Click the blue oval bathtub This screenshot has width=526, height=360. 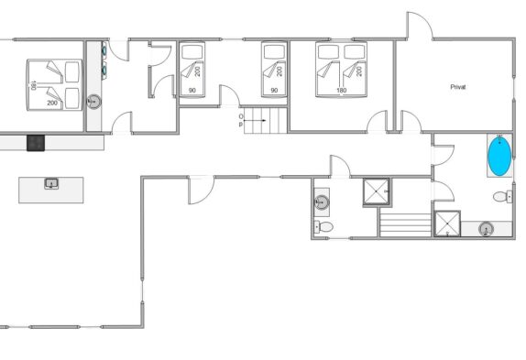tap(499, 156)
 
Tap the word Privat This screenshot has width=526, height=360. tap(458, 87)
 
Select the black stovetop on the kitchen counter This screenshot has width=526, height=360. tap(36, 143)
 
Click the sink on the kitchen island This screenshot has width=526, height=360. tap(51, 184)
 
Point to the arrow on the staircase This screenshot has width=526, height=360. tap(255, 120)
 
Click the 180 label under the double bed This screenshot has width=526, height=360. tap(341, 90)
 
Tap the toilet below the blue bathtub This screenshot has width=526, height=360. tap(502, 196)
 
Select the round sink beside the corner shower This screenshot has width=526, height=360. tap(486, 229)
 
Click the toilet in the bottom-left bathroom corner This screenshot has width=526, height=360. tap(323, 227)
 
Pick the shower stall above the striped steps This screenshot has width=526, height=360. tap(377, 191)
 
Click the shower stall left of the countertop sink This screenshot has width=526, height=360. tap(447, 224)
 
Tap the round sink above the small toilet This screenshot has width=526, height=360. tap(322, 202)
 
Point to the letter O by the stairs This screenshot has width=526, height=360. tap(241, 116)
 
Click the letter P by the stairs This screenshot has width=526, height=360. tap(240, 125)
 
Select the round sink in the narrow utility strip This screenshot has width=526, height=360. tap(93, 102)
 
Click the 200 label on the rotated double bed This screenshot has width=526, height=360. tap(52, 103)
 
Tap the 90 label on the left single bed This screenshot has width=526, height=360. tap(192, 90)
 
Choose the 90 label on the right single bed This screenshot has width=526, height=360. tap(274, 90)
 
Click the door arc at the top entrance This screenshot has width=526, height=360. tap(425, 18)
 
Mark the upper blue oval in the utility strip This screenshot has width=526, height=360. tap(104, 50)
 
